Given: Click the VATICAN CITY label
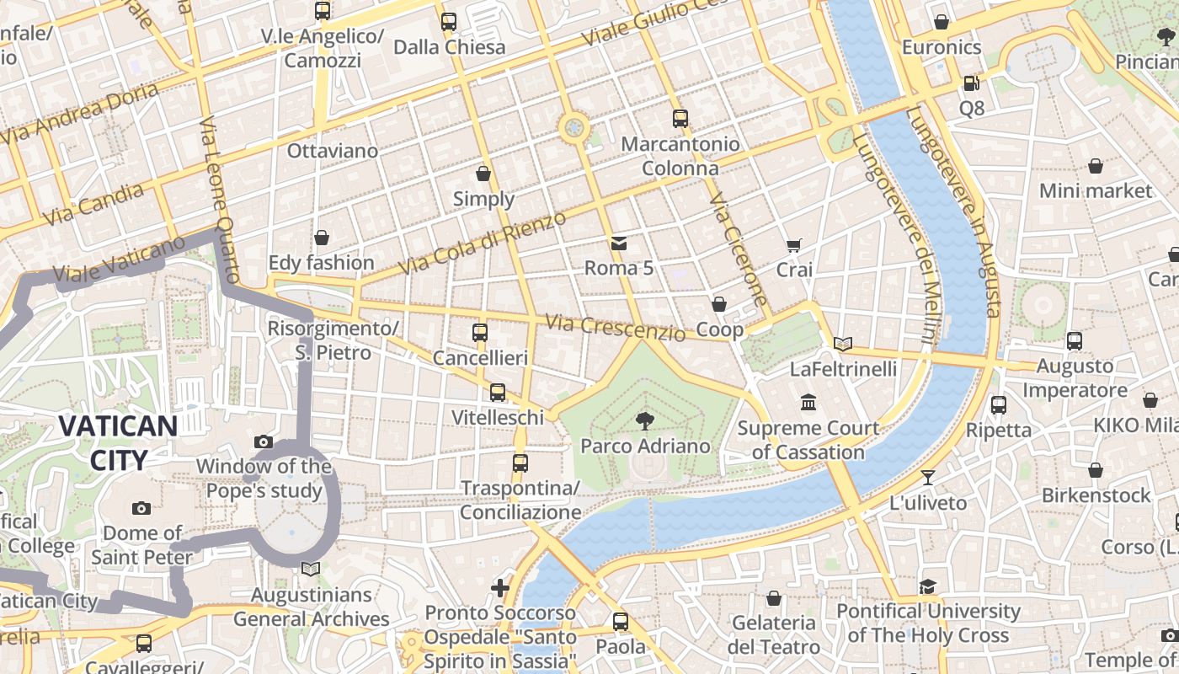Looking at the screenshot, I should pyautogui.click(x=118, y=443).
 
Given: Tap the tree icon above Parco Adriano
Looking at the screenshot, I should pyautogui.click(x=645, y=420).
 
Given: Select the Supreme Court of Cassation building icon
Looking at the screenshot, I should pyautogui.click(x=809, y=403).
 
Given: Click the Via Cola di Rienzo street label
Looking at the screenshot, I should pyautogui.click(x=483, y=243).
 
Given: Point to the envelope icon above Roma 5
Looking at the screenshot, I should pyautogui.click(x=619, y=243).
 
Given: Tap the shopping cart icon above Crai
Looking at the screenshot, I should pyautogui.click(x=793, y=245).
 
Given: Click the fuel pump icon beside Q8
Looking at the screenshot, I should pyautogui.click(x=971, y=83).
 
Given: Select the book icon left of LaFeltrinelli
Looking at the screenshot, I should pyautogui.click(x=843, y=344).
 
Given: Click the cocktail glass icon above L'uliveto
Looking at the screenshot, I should pyautogui.click(x=928, y=478).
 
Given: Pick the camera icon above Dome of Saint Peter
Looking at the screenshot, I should pyautogui.click(x=141, y=508).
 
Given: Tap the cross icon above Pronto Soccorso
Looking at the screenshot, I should pyautogui.click(x=500, y=587).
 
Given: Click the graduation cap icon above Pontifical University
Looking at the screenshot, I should pyautogui.click(x=928, y=586).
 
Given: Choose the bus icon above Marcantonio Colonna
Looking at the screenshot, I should pyautogui.click(x=680, y=119).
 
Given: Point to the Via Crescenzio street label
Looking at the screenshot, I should pyautogui.click(x=615, y=327).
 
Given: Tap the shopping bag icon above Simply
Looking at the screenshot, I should pyautogui.click(x=483, y=174).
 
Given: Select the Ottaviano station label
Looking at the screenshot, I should pyautogui.click(x=333, y=151).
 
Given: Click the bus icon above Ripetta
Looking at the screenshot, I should pyautogui.click(x=999, y=404).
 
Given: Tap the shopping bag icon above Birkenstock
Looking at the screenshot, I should pyautogui.click(x=1095, y=470).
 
